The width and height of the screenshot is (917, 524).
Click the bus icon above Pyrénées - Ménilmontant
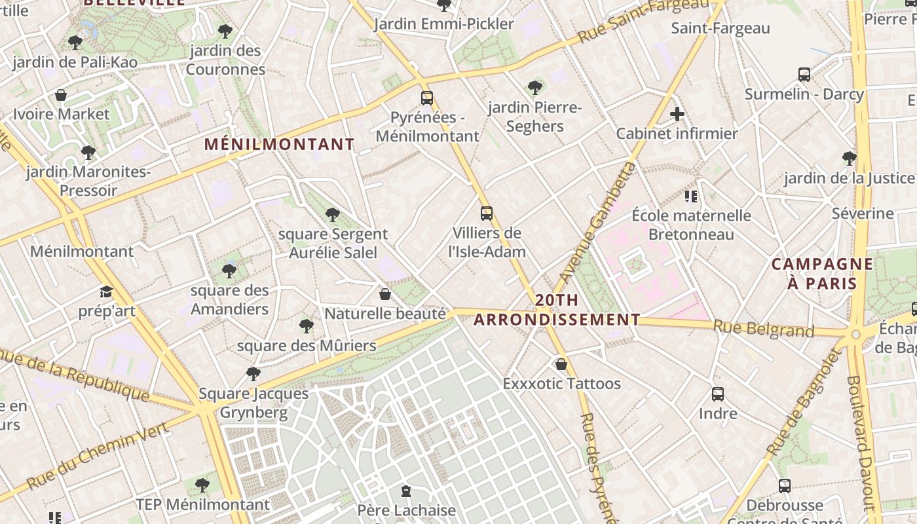click(x=427, y=98)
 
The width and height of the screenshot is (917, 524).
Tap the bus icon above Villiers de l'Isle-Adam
click(x=486, y=213)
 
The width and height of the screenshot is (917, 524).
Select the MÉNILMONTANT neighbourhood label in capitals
click(x=279, y=144)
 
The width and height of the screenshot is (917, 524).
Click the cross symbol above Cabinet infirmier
click(x=677, y=115)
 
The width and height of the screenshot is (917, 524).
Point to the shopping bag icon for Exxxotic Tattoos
click(x=561, y=364)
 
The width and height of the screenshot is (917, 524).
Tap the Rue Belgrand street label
click(x=763, y=328)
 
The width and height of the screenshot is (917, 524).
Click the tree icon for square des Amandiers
click(x=229, y=271)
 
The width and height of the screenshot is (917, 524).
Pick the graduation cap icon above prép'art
click(x=106, y=291)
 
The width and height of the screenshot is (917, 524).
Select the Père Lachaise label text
click(x=406, y=510)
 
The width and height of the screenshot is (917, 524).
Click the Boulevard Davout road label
click(x=862, y=442)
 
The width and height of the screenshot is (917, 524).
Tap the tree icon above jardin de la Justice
click(x=849, y=158)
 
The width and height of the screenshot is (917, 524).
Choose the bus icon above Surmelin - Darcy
click(x=804, y=75)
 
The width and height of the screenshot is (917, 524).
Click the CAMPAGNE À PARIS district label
click(x=822, y=273)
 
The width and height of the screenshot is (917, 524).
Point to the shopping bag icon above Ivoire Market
click(x=61, y=96)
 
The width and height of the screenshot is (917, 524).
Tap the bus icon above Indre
click(x=718, y=394)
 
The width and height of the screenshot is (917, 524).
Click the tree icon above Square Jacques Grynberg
click(x=253, y=374)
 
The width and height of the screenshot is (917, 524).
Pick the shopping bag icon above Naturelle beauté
click(x=385, y=294)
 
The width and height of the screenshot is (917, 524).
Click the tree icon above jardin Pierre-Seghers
click(x=534, y=88)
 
